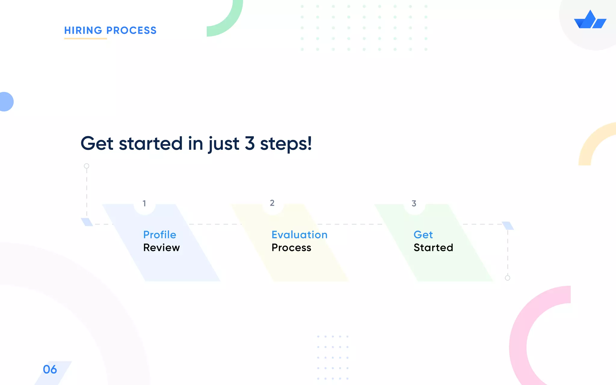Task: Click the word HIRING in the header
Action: tap(83, 30)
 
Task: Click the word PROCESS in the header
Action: tap(131, 30)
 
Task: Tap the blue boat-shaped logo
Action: tap(590, 20)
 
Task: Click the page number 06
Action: tap(50, 369)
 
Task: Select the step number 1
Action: tap(144, 204)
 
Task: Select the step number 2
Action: tap(272, 203)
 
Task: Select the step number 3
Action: tap(414, 204)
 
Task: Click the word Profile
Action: tap(160, 235)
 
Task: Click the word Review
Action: tap(162, 248)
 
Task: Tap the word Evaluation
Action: tap(299, 235)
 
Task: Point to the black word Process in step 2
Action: tap(291, 248)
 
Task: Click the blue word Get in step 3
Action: tap(423, 235)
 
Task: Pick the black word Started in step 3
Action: tap(433, 248)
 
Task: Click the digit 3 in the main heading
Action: tap(250, 143)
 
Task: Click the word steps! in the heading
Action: tap(286, 144)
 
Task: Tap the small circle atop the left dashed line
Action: tap(87, 166)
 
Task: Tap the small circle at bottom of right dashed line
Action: tap(507, 278)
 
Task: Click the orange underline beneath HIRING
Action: tap(85, 38)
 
